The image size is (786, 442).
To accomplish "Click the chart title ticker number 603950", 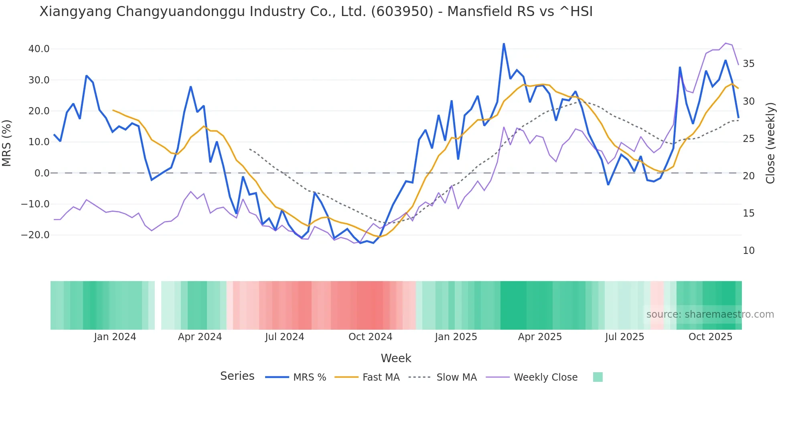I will click(x=402, y=12).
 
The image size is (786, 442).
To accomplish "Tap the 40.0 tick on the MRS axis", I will click(x=39, y=49).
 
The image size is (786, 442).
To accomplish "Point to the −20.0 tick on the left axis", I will click(x=35, y=235).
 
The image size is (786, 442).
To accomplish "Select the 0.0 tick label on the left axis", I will click(x=42, y=173).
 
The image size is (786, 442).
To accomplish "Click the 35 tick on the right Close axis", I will click(x=748, y=64).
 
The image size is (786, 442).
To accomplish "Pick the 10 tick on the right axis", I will click(x=748, y=251).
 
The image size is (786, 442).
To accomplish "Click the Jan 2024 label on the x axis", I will click(x=115, y=337).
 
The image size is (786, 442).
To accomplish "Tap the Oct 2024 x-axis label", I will click(x=370, y=337).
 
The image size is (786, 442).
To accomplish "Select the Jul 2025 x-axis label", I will click(x=624, y=337).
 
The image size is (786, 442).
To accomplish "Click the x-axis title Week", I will click(x=396, y=358).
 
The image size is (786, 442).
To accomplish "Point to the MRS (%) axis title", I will click(x=7, y=143).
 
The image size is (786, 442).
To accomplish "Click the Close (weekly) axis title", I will click(x=770, y=143).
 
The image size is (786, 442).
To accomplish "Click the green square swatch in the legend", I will click(x=598, y=377).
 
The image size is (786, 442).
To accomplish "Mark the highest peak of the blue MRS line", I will click(x=504, y=44).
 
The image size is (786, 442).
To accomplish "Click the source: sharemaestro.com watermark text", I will click(x=710, y=314).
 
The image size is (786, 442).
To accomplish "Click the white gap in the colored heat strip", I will click(x=158, y=305).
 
